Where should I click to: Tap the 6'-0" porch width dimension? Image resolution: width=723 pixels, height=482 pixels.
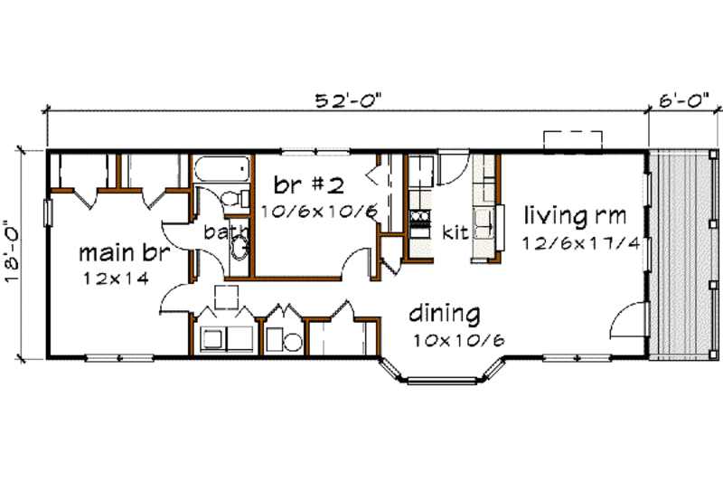coord(683,101)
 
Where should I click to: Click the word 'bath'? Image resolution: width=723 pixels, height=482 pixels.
coord(221,232)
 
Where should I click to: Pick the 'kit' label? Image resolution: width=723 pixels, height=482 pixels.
coord(454,232)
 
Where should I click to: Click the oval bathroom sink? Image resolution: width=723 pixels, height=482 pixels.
coord(239,246)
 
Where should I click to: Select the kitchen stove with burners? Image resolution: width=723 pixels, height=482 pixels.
coord(421,218)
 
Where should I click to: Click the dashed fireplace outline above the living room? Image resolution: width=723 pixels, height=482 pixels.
coord(573,139)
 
